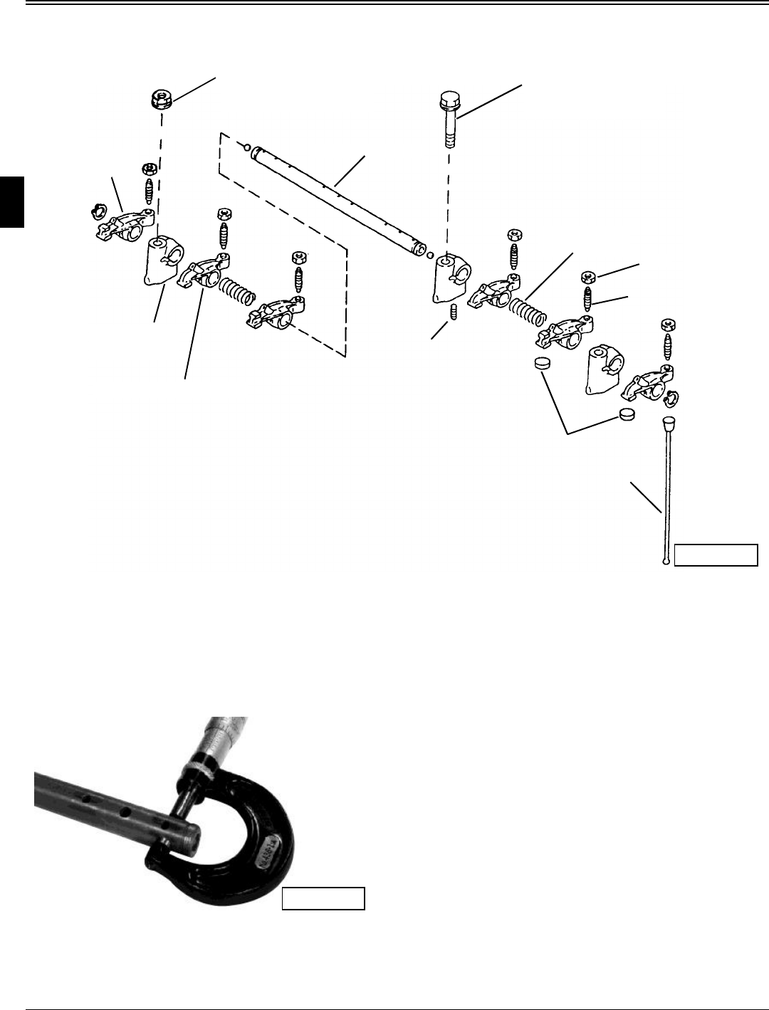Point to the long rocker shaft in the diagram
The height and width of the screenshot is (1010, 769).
335,200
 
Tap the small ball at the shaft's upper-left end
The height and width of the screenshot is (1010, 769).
246,147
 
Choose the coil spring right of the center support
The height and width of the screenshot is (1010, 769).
528,306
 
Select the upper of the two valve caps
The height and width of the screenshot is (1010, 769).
543,363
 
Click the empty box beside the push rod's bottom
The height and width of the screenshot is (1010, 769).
716,554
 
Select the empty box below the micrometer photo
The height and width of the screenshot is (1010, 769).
323,898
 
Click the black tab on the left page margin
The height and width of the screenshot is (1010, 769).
12,203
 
